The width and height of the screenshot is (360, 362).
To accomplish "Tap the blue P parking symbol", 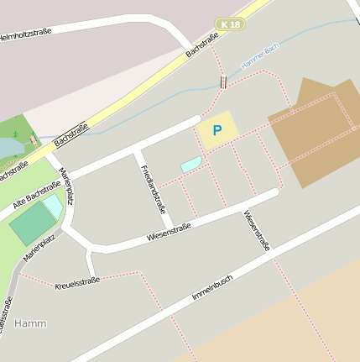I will coord(217,130).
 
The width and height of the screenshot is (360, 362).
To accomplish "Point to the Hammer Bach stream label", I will coord(259,57).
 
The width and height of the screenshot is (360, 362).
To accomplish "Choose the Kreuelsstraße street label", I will coord(77,283).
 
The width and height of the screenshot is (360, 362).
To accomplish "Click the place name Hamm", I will coord(31,323).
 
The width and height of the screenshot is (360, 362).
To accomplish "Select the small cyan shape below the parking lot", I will coord(191,164).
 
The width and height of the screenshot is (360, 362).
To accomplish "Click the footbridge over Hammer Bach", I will coord(222,82).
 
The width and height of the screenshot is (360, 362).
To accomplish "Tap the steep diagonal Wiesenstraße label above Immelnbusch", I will coord(257,230).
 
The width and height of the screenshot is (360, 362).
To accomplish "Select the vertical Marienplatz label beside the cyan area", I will coord(65,186).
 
